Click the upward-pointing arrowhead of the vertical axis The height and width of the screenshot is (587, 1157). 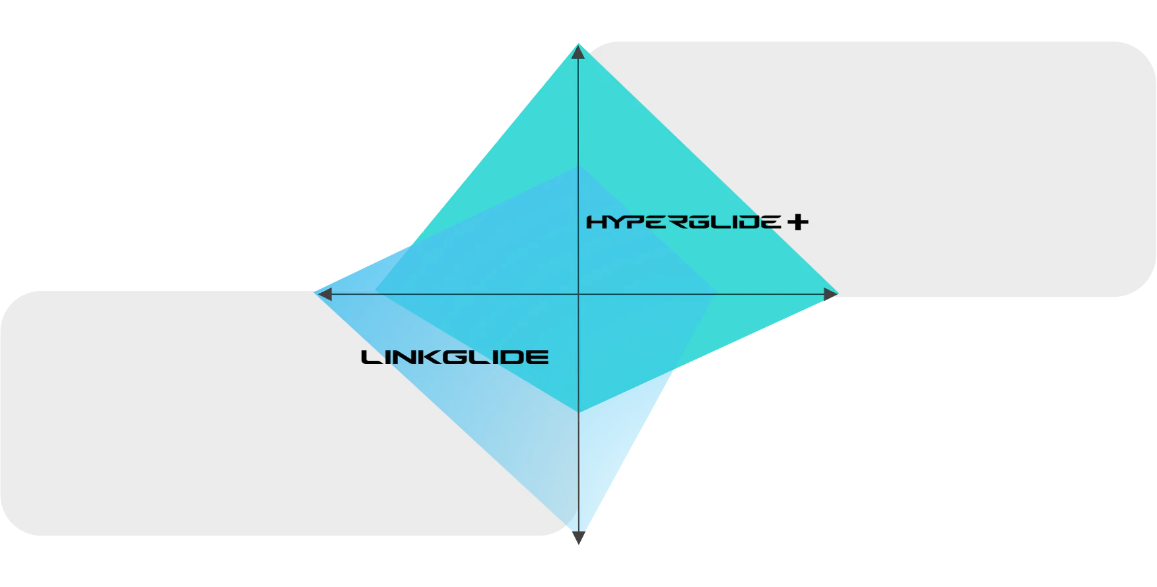(x=578, y=52)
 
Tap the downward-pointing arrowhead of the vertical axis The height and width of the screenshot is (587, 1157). (x=578, y=538)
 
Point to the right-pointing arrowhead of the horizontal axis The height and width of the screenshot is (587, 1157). (x=831, y=294)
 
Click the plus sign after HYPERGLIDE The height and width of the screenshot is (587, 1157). (x=798, y=222)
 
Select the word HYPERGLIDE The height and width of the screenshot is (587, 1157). (x=684, y=222)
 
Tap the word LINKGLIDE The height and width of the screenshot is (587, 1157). (x=455, y=357)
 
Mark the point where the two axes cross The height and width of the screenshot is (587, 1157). (x=578, y=294)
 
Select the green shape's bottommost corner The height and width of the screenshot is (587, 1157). (x=579, y=413)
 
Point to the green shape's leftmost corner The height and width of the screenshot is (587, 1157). (x=375, y=290)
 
